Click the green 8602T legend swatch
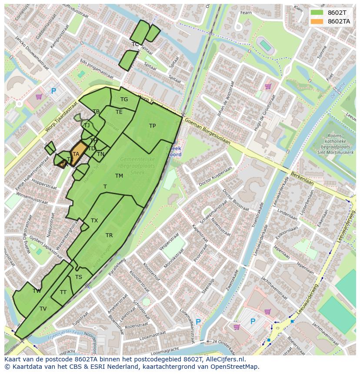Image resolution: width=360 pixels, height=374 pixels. click(317, 13)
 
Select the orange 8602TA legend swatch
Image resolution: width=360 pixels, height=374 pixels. click(317, 21)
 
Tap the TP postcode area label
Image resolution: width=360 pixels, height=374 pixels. click(152, 126)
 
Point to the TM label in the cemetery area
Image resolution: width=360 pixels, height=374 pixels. click(119, 175)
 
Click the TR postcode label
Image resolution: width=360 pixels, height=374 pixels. click(109, 235)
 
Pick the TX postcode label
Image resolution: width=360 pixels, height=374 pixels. click(94, 221)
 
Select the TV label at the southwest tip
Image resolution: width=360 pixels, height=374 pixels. click(43, 309)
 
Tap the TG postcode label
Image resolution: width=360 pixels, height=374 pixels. click(124, 99)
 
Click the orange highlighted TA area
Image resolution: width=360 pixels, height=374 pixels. click(76, 154)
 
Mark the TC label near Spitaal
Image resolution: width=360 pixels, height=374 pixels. click(135, 44)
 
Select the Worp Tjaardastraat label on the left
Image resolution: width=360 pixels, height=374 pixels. click(61, 117)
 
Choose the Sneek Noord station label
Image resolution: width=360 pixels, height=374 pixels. click(173, 151)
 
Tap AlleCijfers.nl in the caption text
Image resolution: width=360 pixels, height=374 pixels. click(223, 359)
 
